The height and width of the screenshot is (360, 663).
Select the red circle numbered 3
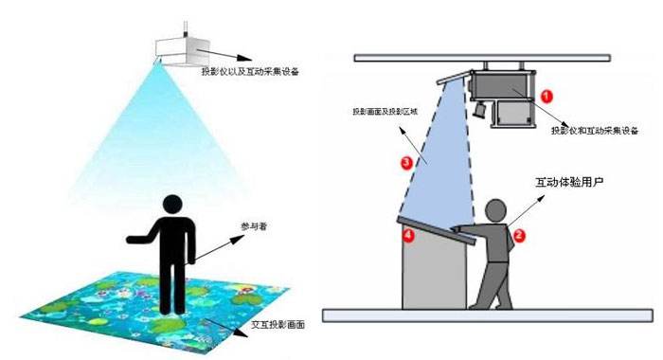click(x=406, y=163)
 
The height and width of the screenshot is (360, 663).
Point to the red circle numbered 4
click(x=409, y=234)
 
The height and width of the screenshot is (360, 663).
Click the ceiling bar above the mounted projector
click(x=492, y=58)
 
